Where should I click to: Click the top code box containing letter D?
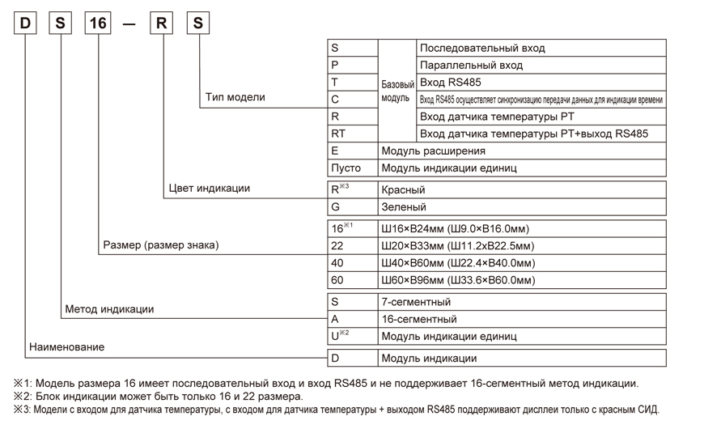pos(25,23)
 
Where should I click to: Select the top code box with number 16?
pos(98,23)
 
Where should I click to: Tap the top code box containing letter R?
pos(163,23)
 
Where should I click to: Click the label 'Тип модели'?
pos(235,97)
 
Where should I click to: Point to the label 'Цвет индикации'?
pos(209,189)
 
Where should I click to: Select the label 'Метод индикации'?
pos(109,309)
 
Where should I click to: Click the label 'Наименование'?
pos(67,347)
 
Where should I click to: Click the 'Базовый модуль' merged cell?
pos(397,91)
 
